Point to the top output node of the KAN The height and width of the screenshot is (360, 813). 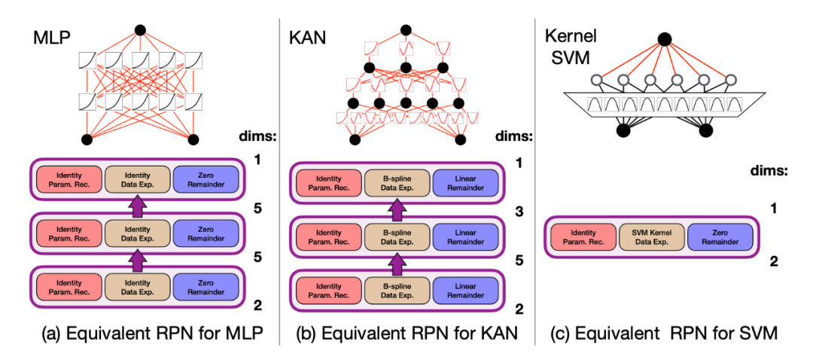[x=406, y=30]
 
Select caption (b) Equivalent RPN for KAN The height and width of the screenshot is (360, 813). [x=406, y=334]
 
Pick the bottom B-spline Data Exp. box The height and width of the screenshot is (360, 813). [x=398, y=288]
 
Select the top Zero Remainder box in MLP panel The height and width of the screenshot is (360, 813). [x=206, y=180]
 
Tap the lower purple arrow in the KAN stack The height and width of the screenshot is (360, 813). [x=398, y=261]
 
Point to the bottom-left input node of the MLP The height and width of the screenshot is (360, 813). [x=86, y=139]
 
